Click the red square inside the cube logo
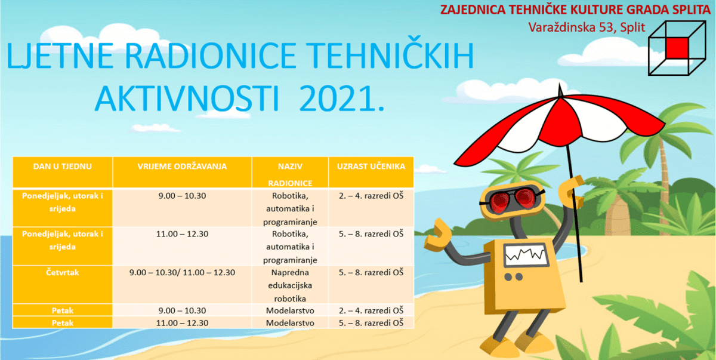point(677,47)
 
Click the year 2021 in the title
point(340,97)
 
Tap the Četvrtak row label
point(63,272)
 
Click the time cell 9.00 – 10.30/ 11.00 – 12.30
point(183,272)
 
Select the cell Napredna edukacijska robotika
point(289,285)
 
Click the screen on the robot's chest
point(526,255)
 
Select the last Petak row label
point(63,322)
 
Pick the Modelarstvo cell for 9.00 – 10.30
point(289,310)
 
